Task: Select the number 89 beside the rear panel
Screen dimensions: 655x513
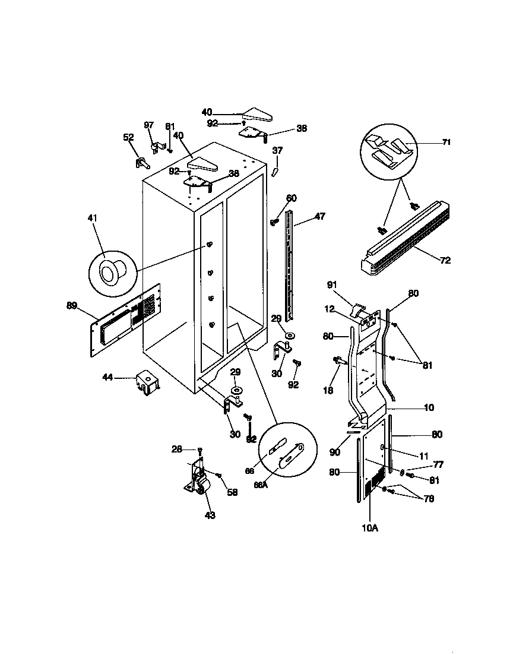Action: [x=72, y=306]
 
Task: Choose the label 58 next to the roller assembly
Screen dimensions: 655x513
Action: [x=232, y=492]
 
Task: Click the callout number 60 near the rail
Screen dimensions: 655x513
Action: [x=291, y=198]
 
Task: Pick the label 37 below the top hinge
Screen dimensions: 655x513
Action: [x=277, y=151]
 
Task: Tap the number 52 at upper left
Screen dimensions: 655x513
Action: [x=128, y=137]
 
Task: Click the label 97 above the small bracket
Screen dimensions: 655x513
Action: [x=149, y=125]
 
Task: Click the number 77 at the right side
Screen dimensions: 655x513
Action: [x=438, y=465]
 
